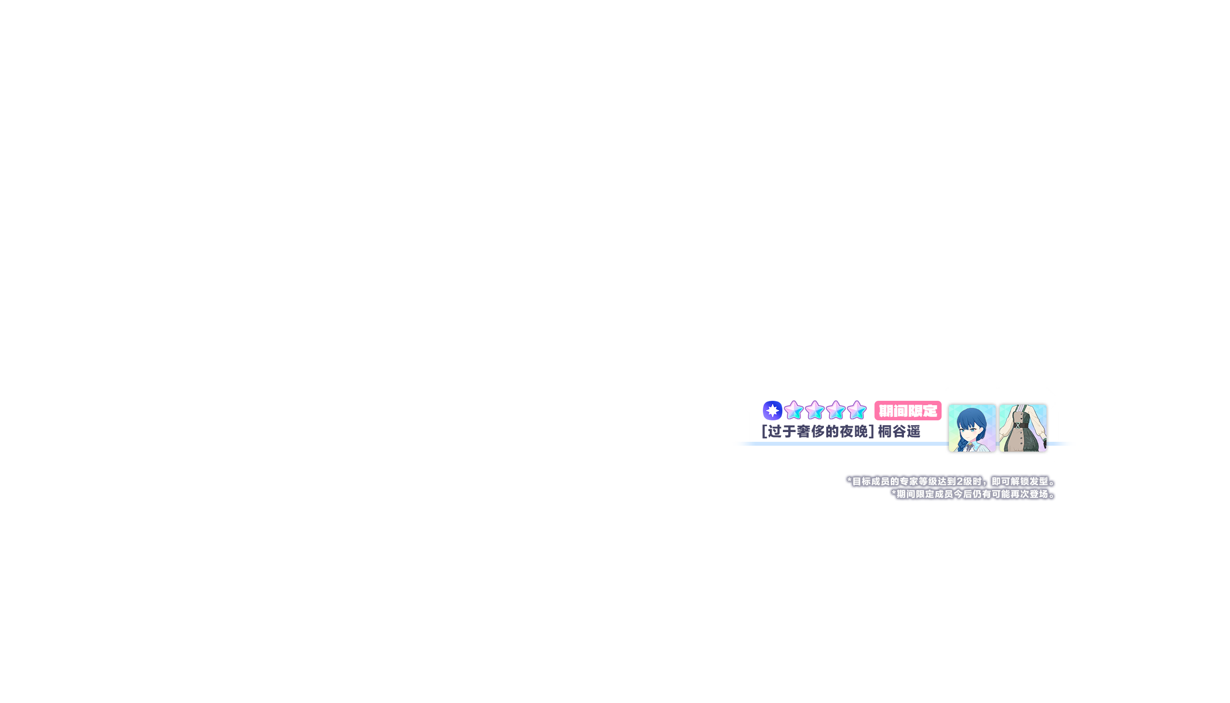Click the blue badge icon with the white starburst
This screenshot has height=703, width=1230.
click(x=773, y=411)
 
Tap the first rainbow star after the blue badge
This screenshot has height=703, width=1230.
click(x=794, y=411)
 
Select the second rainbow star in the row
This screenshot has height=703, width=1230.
click(x=815, y=411)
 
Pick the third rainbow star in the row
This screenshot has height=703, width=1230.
click(x=836, y=411)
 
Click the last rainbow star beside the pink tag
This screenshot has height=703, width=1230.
click(x=857, y=411)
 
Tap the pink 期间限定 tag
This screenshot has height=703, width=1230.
click(x=908, y=411)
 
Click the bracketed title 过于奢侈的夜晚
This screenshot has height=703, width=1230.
click(x=818, y=432)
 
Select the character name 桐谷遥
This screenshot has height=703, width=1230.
click(x=899, y=432)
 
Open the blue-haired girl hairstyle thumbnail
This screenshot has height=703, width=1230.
click(x=972, y=428)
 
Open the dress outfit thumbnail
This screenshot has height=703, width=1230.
click(x=1023, y=428)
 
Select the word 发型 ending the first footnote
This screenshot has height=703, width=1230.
click(x=1039, y=481)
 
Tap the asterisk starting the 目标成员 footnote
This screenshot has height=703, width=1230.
click(x=849, y=481)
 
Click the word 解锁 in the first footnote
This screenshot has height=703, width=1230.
click(x=1020, y=481)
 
